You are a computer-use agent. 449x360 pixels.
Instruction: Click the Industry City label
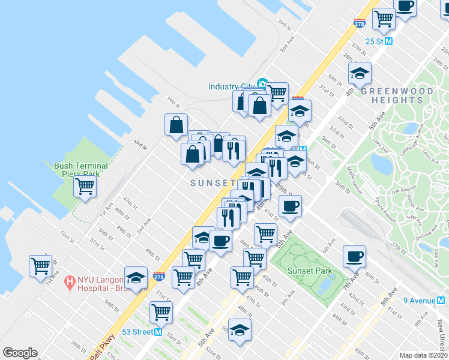[231, 86]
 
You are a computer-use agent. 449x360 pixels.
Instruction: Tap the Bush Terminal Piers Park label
[81, 170]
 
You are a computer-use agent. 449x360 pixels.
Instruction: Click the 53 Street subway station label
[136, 332]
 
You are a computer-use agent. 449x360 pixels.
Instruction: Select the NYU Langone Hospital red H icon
[70, 280]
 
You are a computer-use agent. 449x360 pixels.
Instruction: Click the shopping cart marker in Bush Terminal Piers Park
[85, 186]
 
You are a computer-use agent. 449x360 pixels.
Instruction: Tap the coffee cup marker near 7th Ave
[354, 256]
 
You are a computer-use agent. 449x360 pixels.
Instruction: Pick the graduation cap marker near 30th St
[360, 73]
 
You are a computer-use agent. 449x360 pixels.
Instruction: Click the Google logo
[20, 353]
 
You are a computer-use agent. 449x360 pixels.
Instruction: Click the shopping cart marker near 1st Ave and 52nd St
[40, 265]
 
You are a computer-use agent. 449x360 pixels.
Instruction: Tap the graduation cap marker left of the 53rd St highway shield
[136, 277]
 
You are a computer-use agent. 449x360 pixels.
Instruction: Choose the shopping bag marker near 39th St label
[176, 124]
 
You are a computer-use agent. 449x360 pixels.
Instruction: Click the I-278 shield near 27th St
[360, 23]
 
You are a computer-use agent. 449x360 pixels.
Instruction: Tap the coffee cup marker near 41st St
[290, 206]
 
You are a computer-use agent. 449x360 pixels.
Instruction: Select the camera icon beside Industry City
[262, 83]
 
